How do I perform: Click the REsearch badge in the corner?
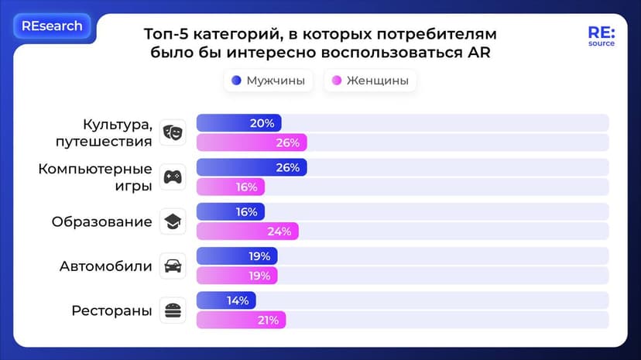(x=52, y=26)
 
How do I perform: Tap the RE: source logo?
(x=601, y=36)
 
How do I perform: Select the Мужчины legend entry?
(x=268, y=81)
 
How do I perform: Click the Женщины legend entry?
(x=369, y=81)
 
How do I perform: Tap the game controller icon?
(x=172, y=177)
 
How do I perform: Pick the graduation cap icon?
(x=172, y=222)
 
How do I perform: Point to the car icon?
(x=172, y=266)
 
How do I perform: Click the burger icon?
(x=172, y=310)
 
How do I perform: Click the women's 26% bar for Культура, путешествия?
(x=252, y=142)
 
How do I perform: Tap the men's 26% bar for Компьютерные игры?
(x=252, y=168)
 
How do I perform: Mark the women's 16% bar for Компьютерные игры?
(x=231, y=187)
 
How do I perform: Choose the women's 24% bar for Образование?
(x=247, y=231)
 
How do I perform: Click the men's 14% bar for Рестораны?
(x=226, y=301)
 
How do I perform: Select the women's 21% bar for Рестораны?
(x=241, y=320)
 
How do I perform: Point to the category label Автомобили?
(x=106, y=266)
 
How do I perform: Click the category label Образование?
(x=101, y=222)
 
